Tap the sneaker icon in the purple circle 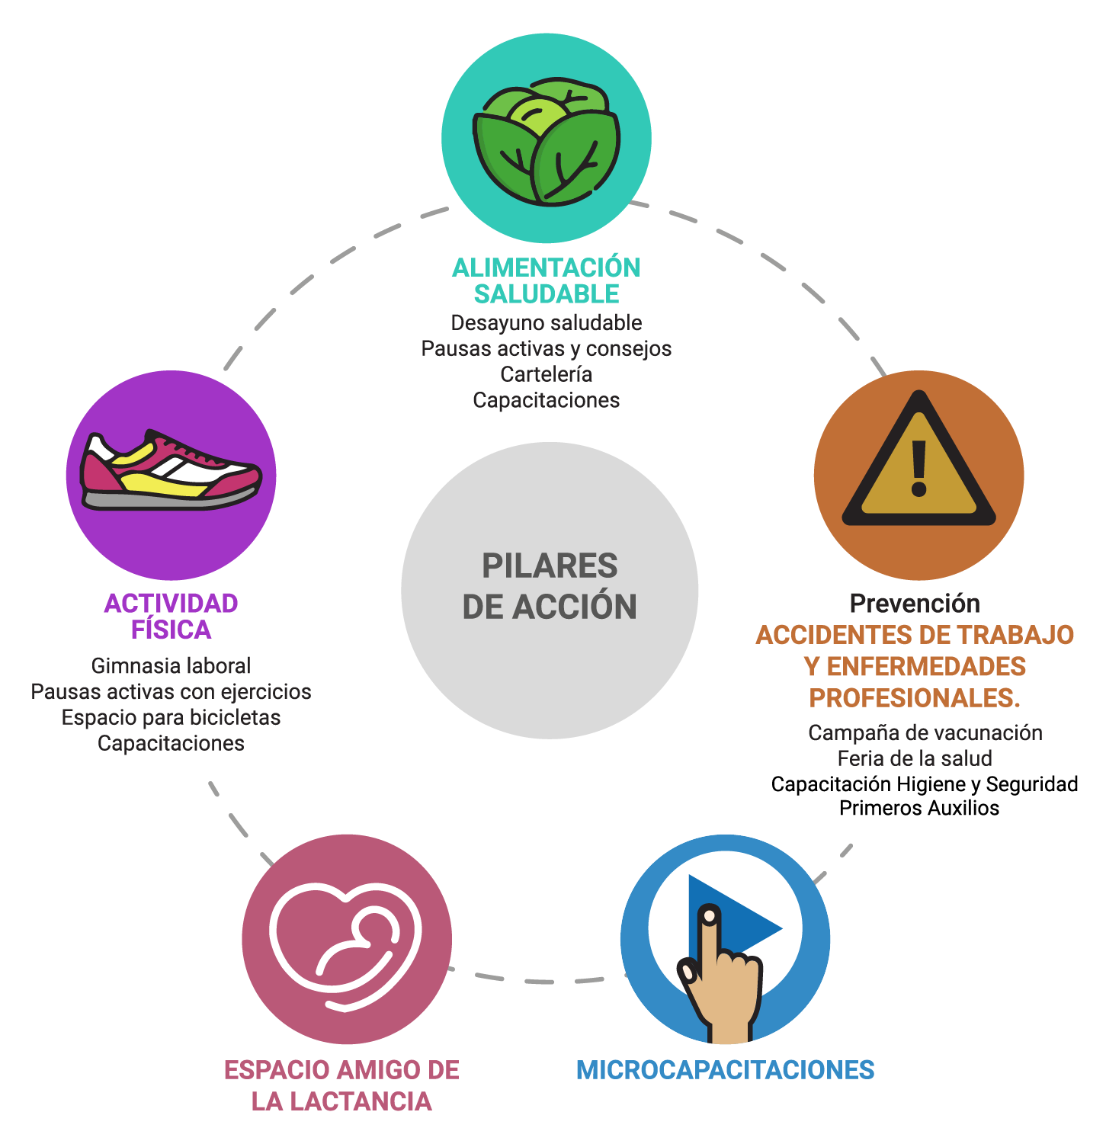pos(172,470)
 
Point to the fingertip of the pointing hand pos(710,915)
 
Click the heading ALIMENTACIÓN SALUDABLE pos(547,280)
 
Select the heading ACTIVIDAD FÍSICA pos(171,616)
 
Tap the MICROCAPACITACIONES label pos(725,1070)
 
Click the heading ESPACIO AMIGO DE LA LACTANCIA pos(341,1085)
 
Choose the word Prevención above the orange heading pos(915,604)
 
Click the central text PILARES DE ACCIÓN pos(550,586)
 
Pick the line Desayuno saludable pos(547,323)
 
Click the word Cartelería pos(547,374)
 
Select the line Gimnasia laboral pos(171,666)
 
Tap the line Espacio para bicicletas pos(171,718)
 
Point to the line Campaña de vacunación pos(925,733)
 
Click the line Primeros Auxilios pos(919,808)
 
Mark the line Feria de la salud pos(915,759)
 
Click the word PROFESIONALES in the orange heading pos(912,698)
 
